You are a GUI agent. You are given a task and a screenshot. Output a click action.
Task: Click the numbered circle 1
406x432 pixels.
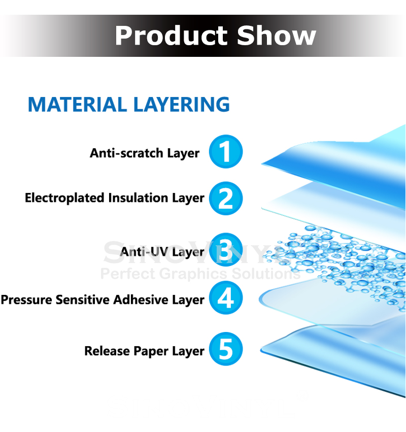[226, 151]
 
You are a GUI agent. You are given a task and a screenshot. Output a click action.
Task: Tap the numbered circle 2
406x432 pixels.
[226, 198]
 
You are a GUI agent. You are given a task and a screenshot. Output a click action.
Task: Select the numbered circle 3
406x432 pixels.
[226, 249]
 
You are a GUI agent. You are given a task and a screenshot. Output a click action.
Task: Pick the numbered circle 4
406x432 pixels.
[226, 298]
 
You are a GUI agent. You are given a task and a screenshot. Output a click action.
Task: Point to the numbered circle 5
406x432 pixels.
[226, 349]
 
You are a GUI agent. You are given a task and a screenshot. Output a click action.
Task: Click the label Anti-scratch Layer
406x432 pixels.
[145, 153]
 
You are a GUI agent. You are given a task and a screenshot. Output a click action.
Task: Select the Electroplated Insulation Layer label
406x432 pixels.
[114, 198]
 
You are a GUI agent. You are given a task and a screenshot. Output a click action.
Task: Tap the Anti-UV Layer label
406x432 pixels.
[162, 252]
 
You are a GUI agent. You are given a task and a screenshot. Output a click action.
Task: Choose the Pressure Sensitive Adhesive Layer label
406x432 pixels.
[102, 300]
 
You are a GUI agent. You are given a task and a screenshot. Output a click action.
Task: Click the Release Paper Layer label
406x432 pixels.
[144, 351]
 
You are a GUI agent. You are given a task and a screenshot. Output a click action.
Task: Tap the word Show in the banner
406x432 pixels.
[276, 36]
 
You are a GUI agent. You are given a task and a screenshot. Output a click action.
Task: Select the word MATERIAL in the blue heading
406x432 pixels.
[77, 104]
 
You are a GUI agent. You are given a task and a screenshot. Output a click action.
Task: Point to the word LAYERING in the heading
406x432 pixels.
[181, 104]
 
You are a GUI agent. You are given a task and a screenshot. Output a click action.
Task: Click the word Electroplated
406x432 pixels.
[64, 198]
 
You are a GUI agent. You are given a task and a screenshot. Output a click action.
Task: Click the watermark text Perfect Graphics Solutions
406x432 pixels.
[200, 274]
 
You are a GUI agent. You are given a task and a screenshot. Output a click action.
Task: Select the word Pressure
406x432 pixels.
[26, 300]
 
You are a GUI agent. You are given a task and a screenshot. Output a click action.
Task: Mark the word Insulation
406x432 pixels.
[141, 198]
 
